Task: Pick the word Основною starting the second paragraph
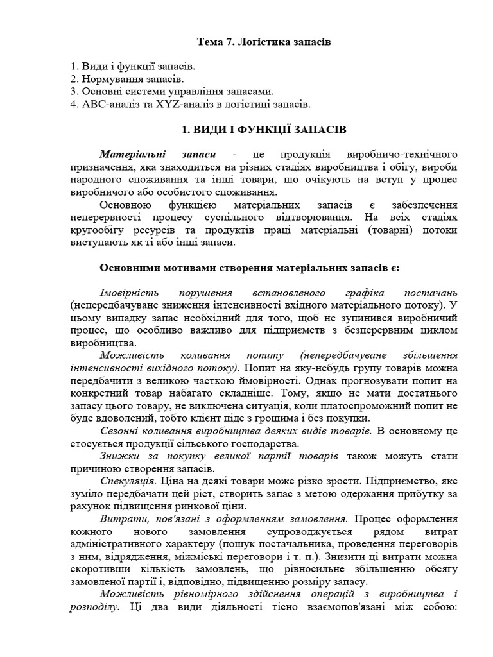pos(125,205)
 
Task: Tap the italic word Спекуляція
pos(128,479)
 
